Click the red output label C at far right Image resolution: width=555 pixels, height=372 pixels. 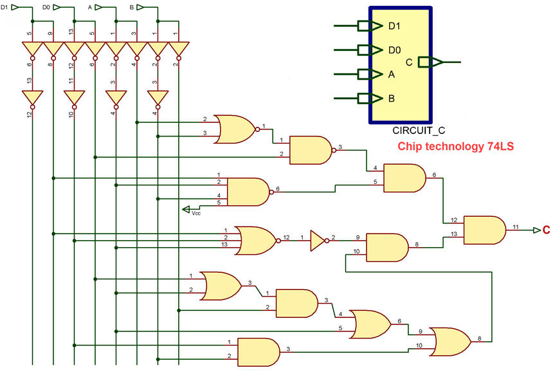(x=546, y=230)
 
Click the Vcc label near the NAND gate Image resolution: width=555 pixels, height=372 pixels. (x=196, y=213)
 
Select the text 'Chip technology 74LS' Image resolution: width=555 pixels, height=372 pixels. (x=455, y=146)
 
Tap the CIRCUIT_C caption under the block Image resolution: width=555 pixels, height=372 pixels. (x=419, y=131)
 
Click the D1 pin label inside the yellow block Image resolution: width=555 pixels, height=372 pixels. (x=394, y=26)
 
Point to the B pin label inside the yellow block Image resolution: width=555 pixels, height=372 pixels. (x=392, y=98)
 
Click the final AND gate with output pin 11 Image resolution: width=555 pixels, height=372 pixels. (x=484, y=230)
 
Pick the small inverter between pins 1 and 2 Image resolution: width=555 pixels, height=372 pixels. (x=318, y=241)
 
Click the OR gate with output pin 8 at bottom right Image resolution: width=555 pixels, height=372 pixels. (x=450, y=342)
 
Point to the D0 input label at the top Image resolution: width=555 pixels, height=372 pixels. (x=46, y=7)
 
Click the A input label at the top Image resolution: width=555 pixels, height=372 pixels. (x=90, y=7)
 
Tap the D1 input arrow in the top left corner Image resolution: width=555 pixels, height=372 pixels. (x=17, y=7)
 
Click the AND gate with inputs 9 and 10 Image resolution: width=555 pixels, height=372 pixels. (x=387, y=248)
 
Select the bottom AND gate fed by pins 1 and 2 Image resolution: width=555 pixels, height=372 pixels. (x=259, y=352)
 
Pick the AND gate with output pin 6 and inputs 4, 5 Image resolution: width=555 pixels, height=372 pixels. (x=405, y=178)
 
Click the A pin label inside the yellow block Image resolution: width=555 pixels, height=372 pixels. (x=392, y=75)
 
